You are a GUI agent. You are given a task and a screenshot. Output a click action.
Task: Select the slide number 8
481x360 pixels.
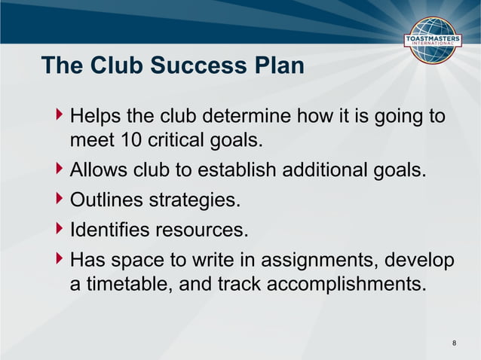[x=454, y=343]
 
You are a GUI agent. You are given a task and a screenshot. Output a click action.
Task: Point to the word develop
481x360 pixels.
[x=421, y=261]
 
